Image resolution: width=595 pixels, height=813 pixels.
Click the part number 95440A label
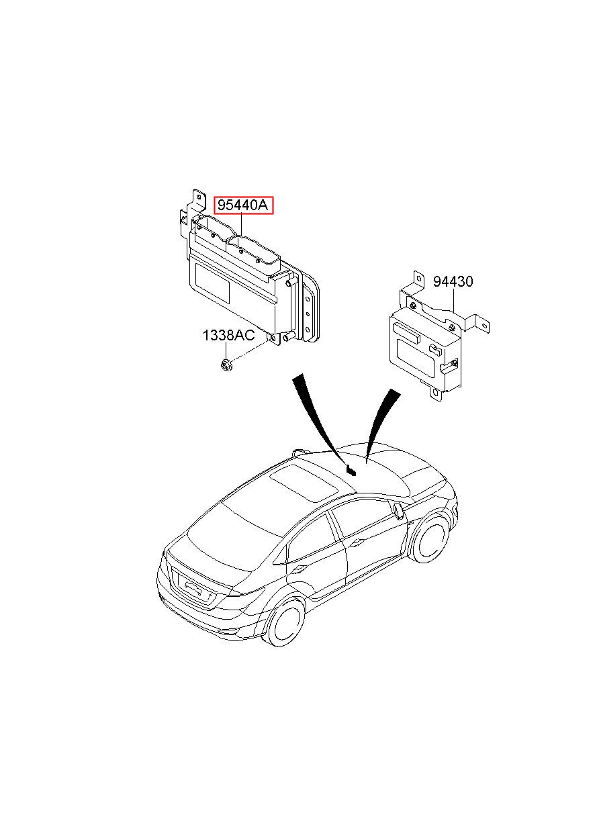242,205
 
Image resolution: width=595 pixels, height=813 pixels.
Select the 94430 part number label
453,281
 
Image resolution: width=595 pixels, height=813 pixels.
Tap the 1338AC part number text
228,336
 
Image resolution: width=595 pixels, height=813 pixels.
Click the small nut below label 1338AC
227,365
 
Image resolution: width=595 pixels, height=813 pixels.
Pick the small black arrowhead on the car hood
352,471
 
